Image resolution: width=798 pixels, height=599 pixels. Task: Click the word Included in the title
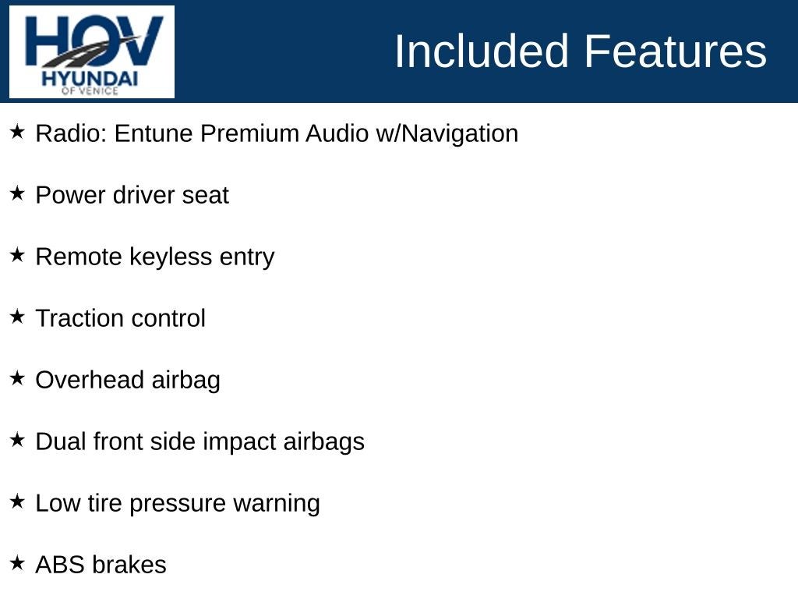pos(482,51)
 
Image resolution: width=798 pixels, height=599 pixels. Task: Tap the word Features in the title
pos(675,51)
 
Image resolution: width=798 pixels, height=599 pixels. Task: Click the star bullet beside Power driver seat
pos(17,193)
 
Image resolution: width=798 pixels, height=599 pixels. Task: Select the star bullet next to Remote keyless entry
pos(17,255)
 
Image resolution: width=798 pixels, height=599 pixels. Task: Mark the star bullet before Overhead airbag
pos(17,378)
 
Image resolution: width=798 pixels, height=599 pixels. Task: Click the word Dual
pos(61,441)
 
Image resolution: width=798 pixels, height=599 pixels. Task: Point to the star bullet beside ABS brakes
pos(17,563)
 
